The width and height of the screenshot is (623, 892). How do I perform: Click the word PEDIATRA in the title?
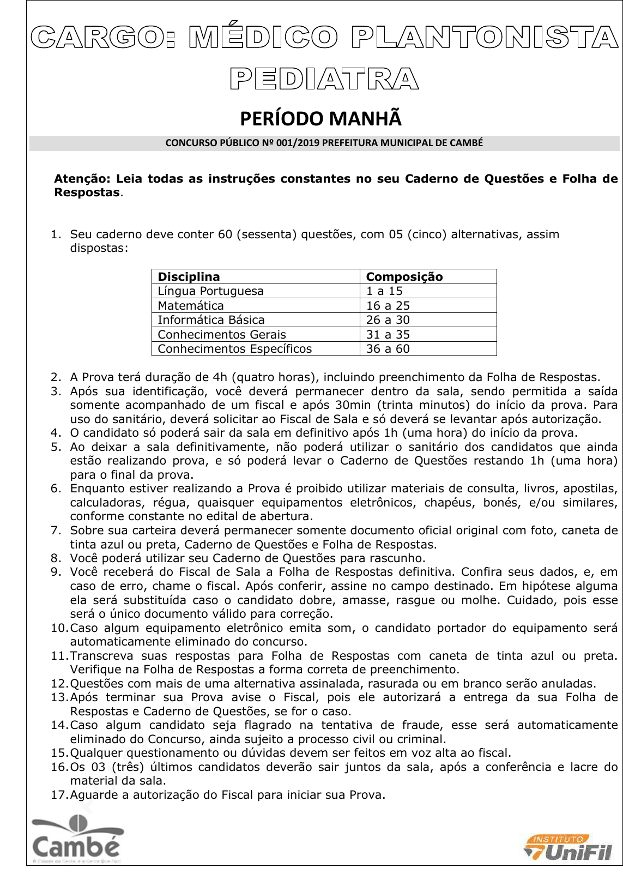[324, 79]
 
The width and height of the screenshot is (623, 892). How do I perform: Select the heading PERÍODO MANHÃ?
[321, 118]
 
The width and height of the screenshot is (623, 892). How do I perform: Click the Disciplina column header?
[189, 276]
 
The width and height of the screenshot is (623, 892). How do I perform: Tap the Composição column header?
[404, 276]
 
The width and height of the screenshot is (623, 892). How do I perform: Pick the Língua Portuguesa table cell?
[210, 291]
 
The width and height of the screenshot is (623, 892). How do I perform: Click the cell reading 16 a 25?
[388, 306]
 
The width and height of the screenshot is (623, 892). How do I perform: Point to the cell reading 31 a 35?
[388, 335]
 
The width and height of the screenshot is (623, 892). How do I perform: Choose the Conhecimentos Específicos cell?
[234, 349]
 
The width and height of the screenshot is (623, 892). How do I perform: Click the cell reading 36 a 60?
[388, 349]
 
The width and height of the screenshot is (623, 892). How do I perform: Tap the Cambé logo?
[76, 840]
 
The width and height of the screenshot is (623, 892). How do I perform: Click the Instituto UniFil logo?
[568, 848]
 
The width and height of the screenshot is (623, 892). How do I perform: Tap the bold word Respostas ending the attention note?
[87, 192]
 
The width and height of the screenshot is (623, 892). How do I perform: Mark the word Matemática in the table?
[190, 306]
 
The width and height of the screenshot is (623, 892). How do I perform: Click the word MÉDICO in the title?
[263, 38]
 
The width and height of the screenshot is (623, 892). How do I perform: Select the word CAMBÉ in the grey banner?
[467, 143]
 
